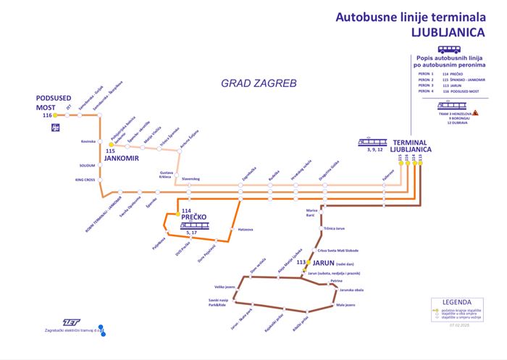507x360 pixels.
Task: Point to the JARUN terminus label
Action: [x=324, y=262]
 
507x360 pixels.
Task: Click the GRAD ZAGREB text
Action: [x=259, y=84]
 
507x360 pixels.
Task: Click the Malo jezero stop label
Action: [x=345, y=305]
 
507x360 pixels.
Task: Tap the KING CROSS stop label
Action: [x=85, y=179]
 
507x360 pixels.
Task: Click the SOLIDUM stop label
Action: [x=88, y=166]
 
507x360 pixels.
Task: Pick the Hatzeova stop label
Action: [x=245, y=230]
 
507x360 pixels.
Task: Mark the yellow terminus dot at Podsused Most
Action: [x=55, y=115]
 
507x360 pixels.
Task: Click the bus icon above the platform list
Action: [x=449, y=49]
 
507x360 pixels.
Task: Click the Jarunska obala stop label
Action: [x=352, y=290]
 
